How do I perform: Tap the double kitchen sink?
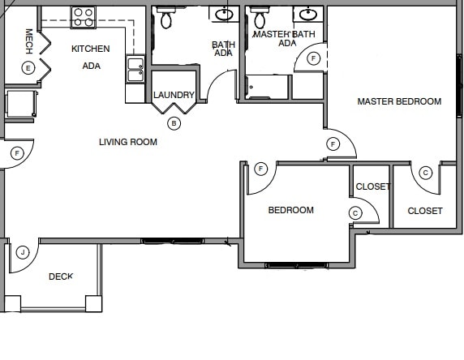click(x=135, y=70)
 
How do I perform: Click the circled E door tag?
click(x=28, y=67)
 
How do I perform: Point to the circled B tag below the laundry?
click(x=174, y=123)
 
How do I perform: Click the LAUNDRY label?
click(x=174, y=95)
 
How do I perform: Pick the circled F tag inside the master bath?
click(x=314, y=58)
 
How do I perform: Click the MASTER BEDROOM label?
click(x=399, y=101)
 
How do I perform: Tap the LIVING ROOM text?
click(x=128, y=142)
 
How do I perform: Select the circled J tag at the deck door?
click(x=24, y=252)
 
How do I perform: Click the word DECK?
click(x=61, y=276)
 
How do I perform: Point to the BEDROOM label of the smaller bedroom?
click(x=290, y=210)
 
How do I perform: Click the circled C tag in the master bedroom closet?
click(x=426, y=172)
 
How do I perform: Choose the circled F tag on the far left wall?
click(x=16, y=152)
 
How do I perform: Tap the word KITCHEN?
click(x=91, y=49)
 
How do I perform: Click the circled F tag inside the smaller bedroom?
click(x=260, y=169)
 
